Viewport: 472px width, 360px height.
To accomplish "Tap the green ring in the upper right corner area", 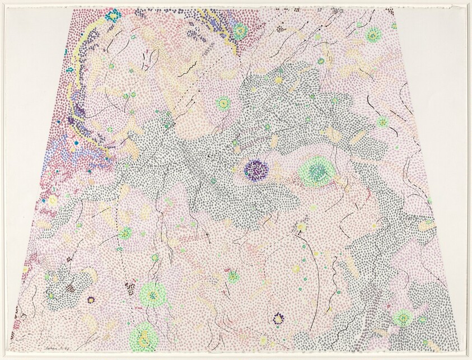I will (x=372, y=36).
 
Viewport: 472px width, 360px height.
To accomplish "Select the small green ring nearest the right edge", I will (x=382, y=121).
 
